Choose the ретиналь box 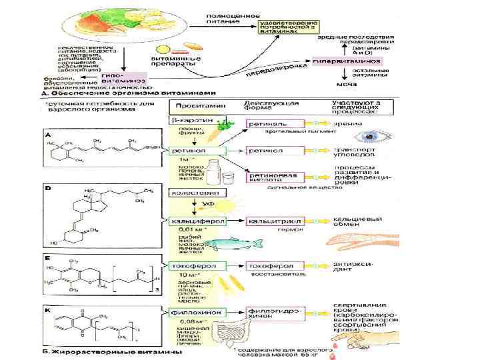(266, 124)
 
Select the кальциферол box (197, 221)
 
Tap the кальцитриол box (272, 221)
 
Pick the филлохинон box (199, 311)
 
